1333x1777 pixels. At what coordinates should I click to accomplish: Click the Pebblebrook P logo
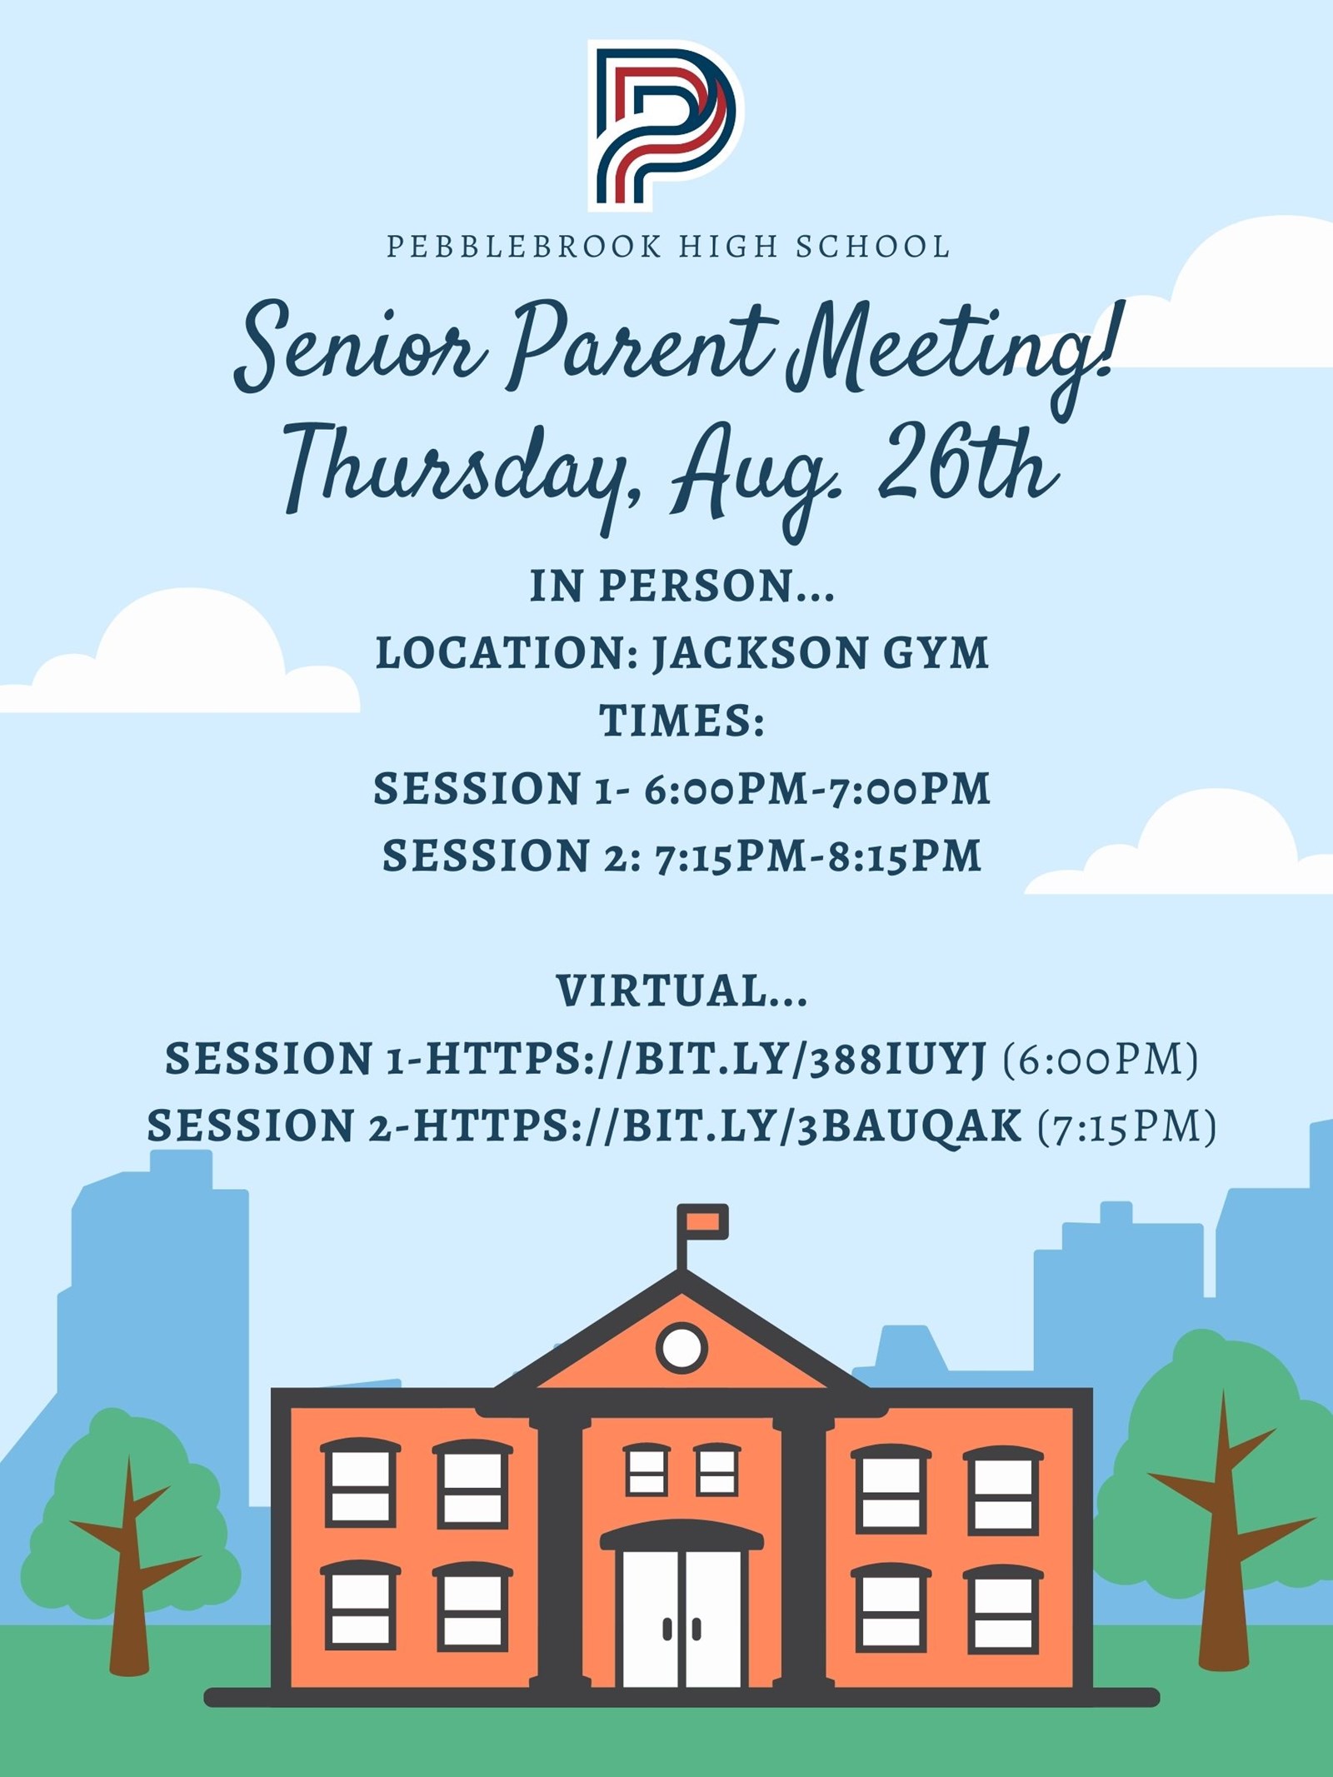click(666, 125)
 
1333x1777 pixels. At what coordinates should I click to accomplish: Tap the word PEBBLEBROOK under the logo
click(524, 247)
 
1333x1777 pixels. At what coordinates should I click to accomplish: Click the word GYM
click(936, 652)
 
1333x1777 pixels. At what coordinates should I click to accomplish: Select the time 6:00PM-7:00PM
click(817, 788)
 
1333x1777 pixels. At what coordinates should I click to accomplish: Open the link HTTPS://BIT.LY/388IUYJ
click(706, 1060)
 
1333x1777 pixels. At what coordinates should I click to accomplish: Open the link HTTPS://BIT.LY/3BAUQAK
click(717, 1126)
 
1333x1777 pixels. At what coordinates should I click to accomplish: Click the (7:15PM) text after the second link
click(1127, 1126)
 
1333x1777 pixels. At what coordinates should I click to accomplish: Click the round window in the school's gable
click(681, 1346)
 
